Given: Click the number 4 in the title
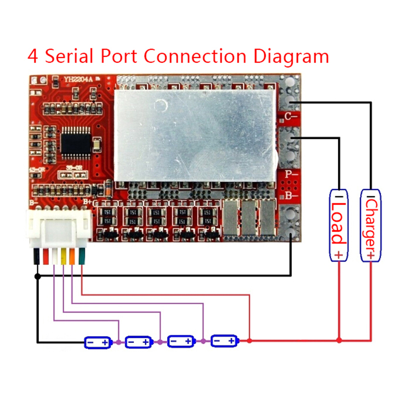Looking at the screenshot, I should click(x=33, y=56).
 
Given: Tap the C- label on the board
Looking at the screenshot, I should click(x=291, y=116).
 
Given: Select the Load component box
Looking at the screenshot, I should click(x=339, y=224).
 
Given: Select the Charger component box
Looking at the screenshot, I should click(x=371, y=224).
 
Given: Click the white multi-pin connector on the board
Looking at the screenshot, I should click(x=59, y=229).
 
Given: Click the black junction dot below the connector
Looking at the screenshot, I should click(x=37, y=276).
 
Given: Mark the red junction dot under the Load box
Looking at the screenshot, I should click(x=339, y=339).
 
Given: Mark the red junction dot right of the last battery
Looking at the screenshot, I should click(x=249, y=340).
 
